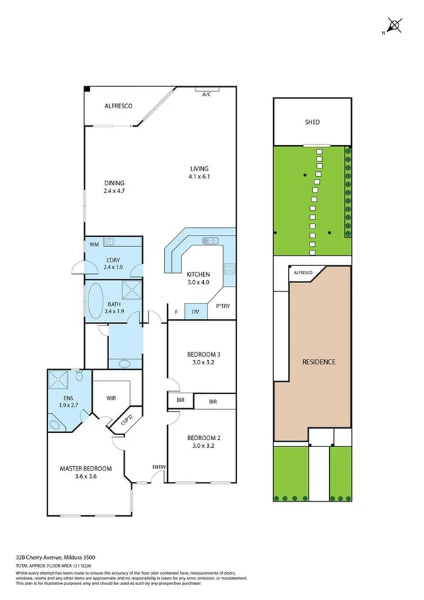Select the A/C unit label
point(207,94)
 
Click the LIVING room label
point(199,168)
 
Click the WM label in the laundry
point(93,245)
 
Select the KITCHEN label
point(197,275)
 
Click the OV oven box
point(194,312)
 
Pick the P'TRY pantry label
point(222,306)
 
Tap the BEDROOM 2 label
point(204,437)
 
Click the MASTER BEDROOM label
point(86,468)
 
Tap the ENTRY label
point(159,466)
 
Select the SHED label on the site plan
point(312,122)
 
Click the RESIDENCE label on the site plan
point(319,362)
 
